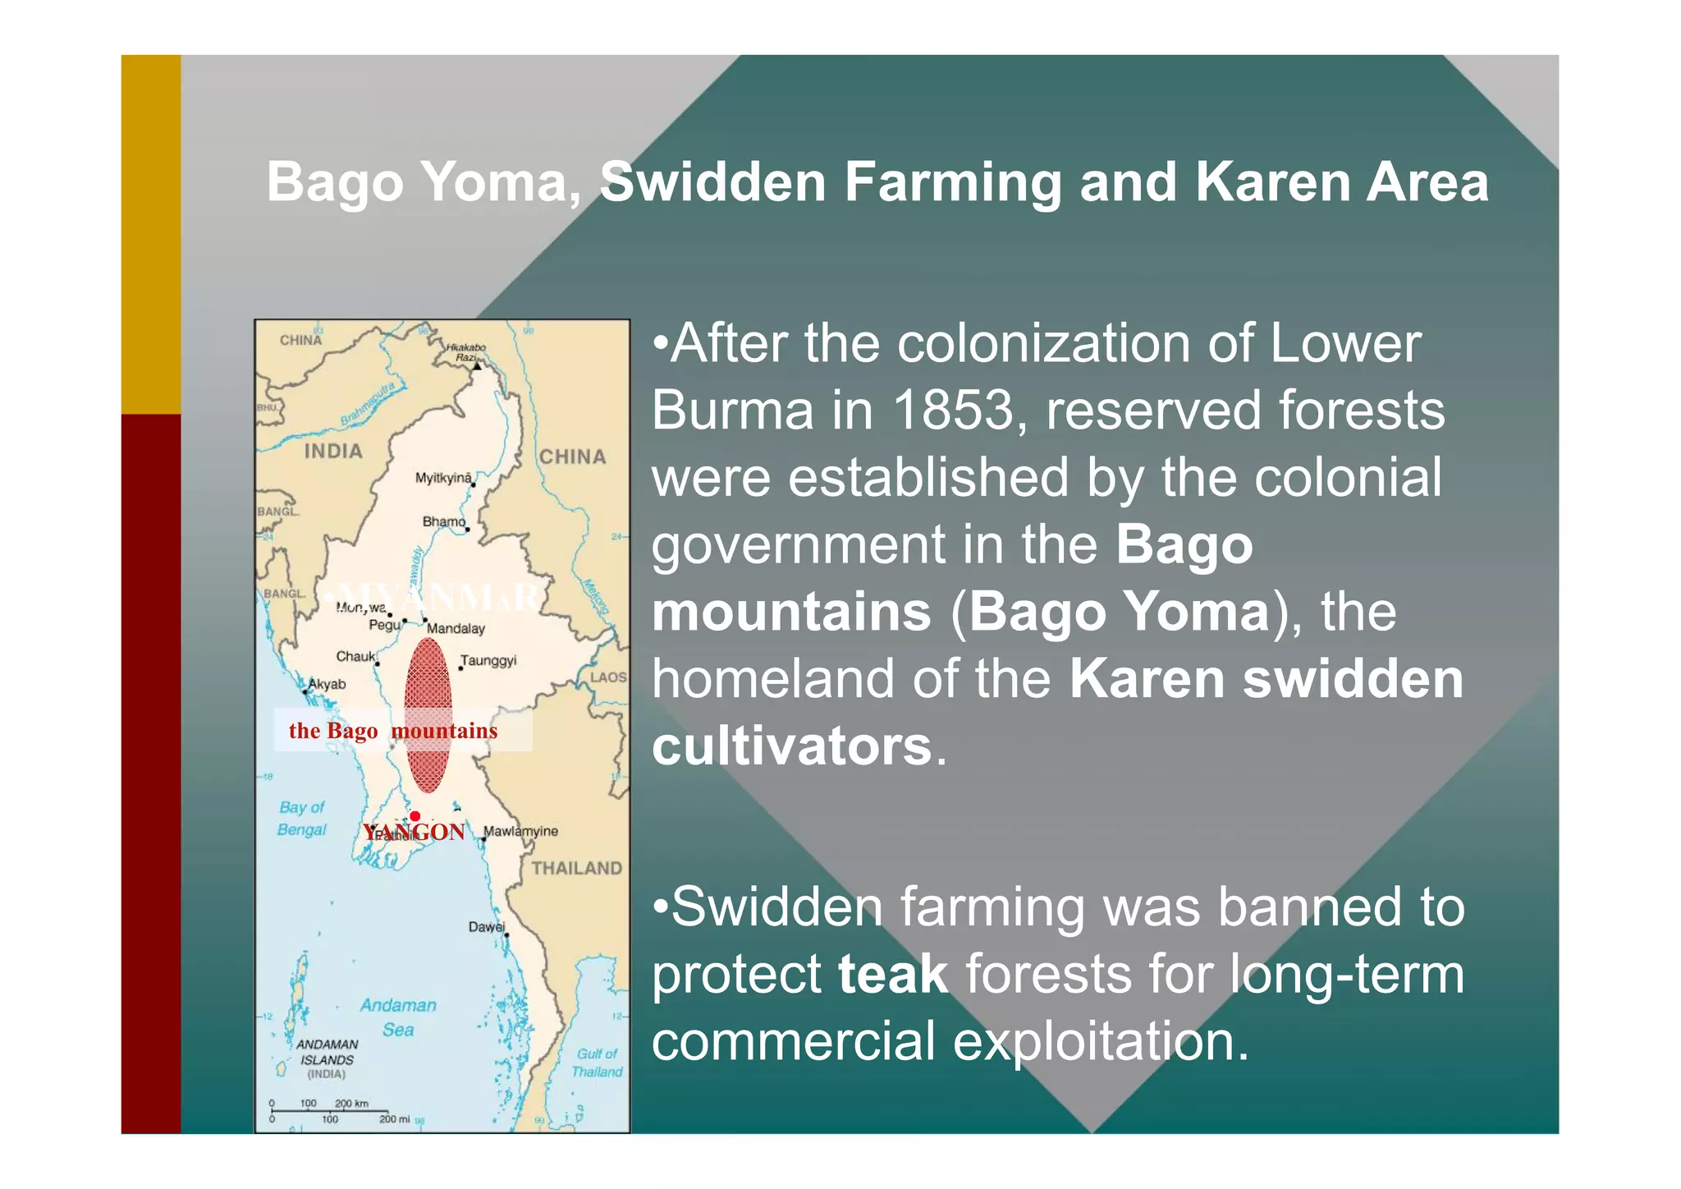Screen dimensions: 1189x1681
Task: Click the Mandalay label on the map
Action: pyautogui.click(x=456, y=629)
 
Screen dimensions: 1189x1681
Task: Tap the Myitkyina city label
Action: pyautogui.click(x=443, y=478)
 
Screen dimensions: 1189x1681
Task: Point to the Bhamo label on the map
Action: pyautogui.click(x=443, y=521)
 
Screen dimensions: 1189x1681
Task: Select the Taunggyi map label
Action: pyautogui.click(x=488, y=660)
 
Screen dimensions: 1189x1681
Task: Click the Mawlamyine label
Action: pyautogui.click(x=520, y=831)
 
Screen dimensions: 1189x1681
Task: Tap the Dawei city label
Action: pyautogui.click(x=486, y=926)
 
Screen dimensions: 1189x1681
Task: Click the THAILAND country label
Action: pyautogui.click(x=576, y=868)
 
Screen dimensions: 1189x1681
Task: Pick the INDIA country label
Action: pyautogui.click(x=332, y=451)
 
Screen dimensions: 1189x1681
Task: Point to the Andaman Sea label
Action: pyautogui.click(x=398, y=1017)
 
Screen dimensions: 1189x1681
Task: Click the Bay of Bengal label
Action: pyautogui.click(x=302, y=819)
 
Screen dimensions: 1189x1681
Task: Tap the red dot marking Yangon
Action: pyautogui.click(x=415, y=816)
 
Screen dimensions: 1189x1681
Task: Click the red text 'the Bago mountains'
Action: pyautogui.click(x=393, y=731)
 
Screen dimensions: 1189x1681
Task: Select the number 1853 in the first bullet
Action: pyautogui.click(x=954, y=410)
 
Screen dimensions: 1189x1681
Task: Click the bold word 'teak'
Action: pyautogui.click(x=892, y=975)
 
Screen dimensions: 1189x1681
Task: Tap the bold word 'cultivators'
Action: pyautogui.click(x=791, y=746)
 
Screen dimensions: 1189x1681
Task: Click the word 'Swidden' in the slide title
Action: pyautogui.click(x=712, y=181)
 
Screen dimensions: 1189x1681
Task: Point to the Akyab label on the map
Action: pyautogui.click(x=327, y=684)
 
